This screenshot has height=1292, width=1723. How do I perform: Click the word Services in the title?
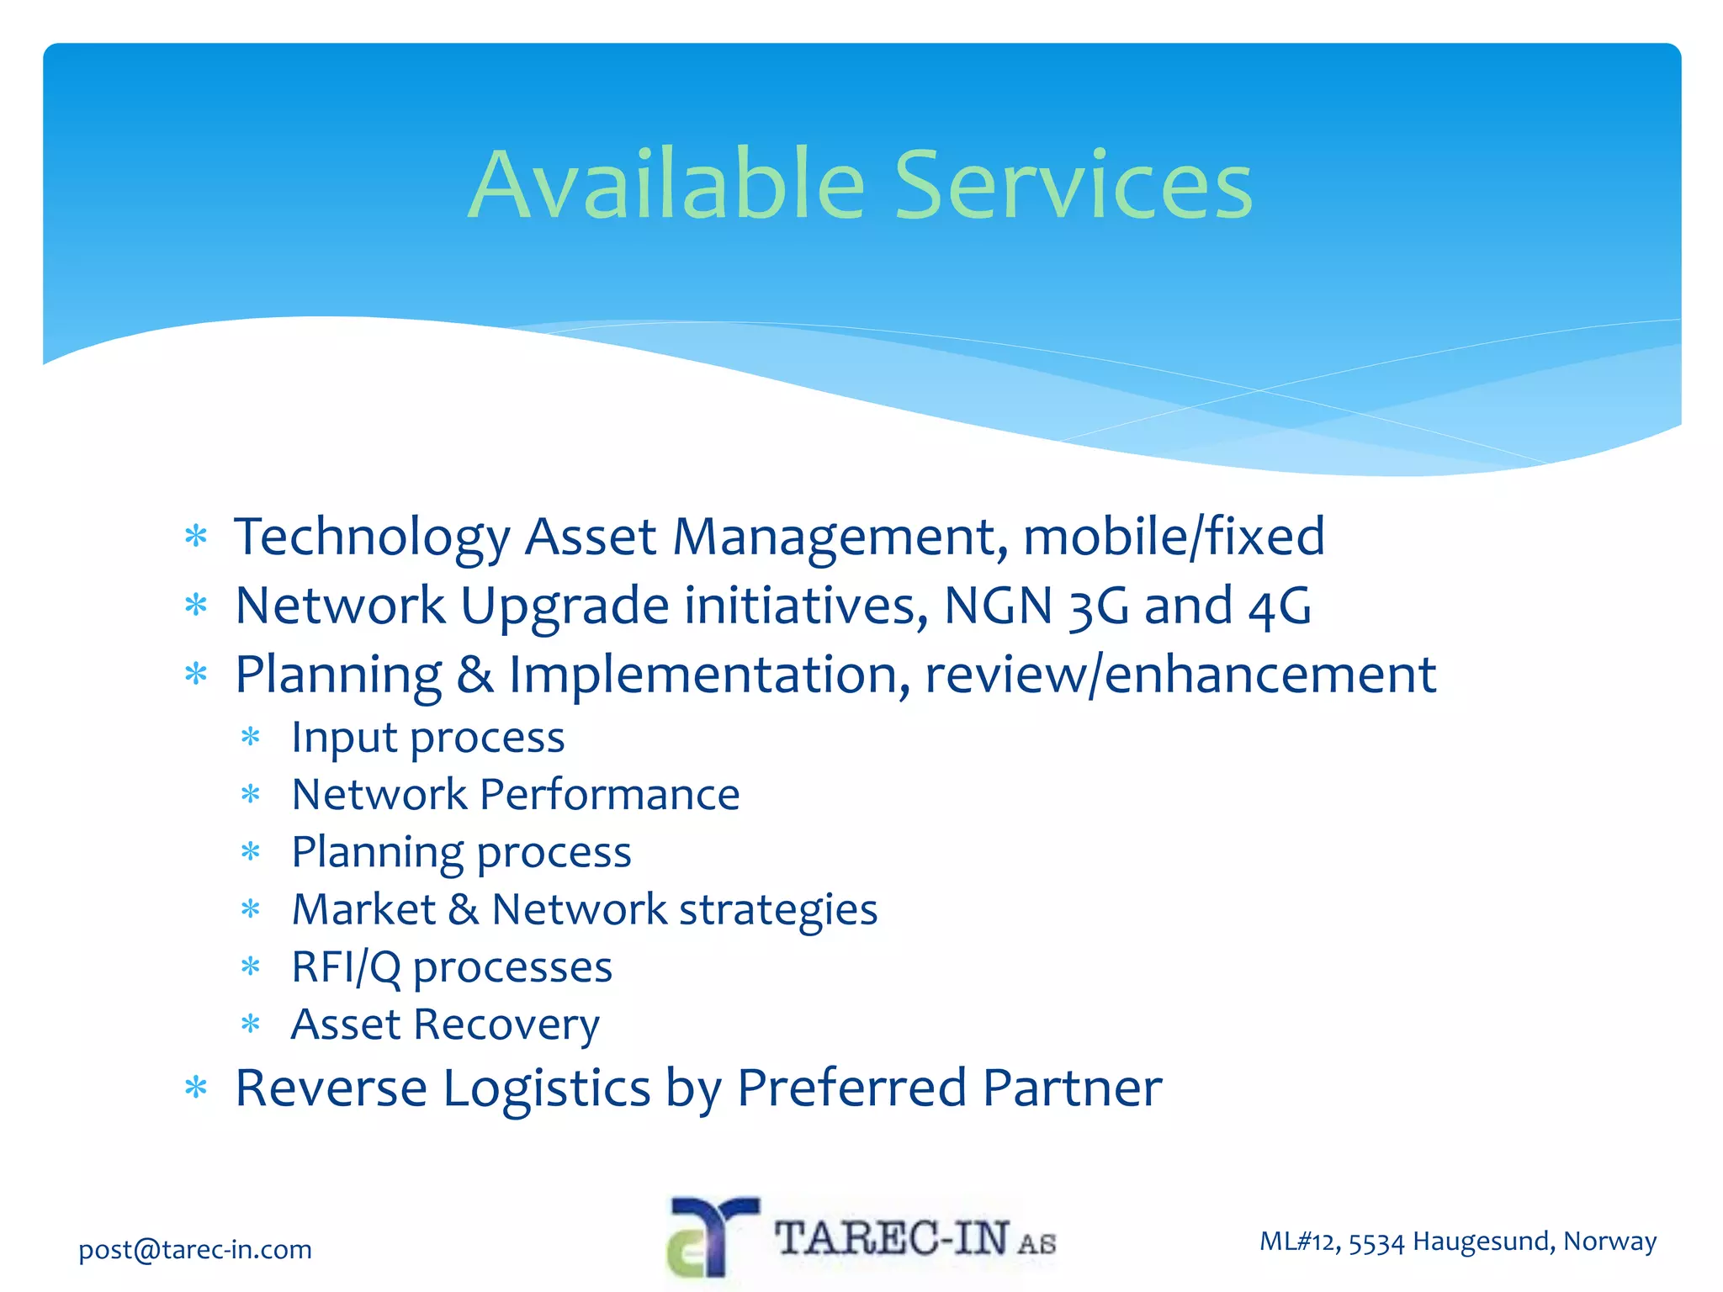[1073, 185]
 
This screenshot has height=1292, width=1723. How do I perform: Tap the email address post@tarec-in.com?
[195, 1249]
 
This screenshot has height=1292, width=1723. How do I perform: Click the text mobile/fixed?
[1174, 537]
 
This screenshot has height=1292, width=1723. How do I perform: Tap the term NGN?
[998, 606]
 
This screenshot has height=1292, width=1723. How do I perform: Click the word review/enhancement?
[1180, 675]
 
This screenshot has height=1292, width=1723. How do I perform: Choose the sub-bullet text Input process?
[427, 739]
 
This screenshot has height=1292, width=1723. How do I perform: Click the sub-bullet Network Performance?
[515, 795]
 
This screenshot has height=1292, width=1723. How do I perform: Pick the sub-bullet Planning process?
[461, 853]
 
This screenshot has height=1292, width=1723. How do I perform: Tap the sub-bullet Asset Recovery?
[445, 1025]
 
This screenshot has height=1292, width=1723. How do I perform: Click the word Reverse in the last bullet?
[331, 1088]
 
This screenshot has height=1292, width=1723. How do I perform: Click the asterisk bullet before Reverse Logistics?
[196, 1088]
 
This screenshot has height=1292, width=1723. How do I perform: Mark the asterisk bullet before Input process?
[251, 739]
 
